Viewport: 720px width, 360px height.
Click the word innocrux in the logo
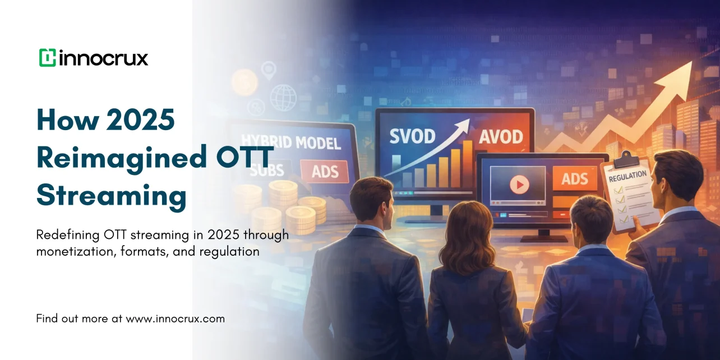[x=103, y=58]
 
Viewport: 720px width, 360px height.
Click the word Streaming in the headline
[x=111, y=195]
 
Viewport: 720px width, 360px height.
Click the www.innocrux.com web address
[x=175, y=319]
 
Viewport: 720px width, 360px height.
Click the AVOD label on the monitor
[x=501, y=136]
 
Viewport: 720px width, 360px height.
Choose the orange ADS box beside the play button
[x=575, y=179]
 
